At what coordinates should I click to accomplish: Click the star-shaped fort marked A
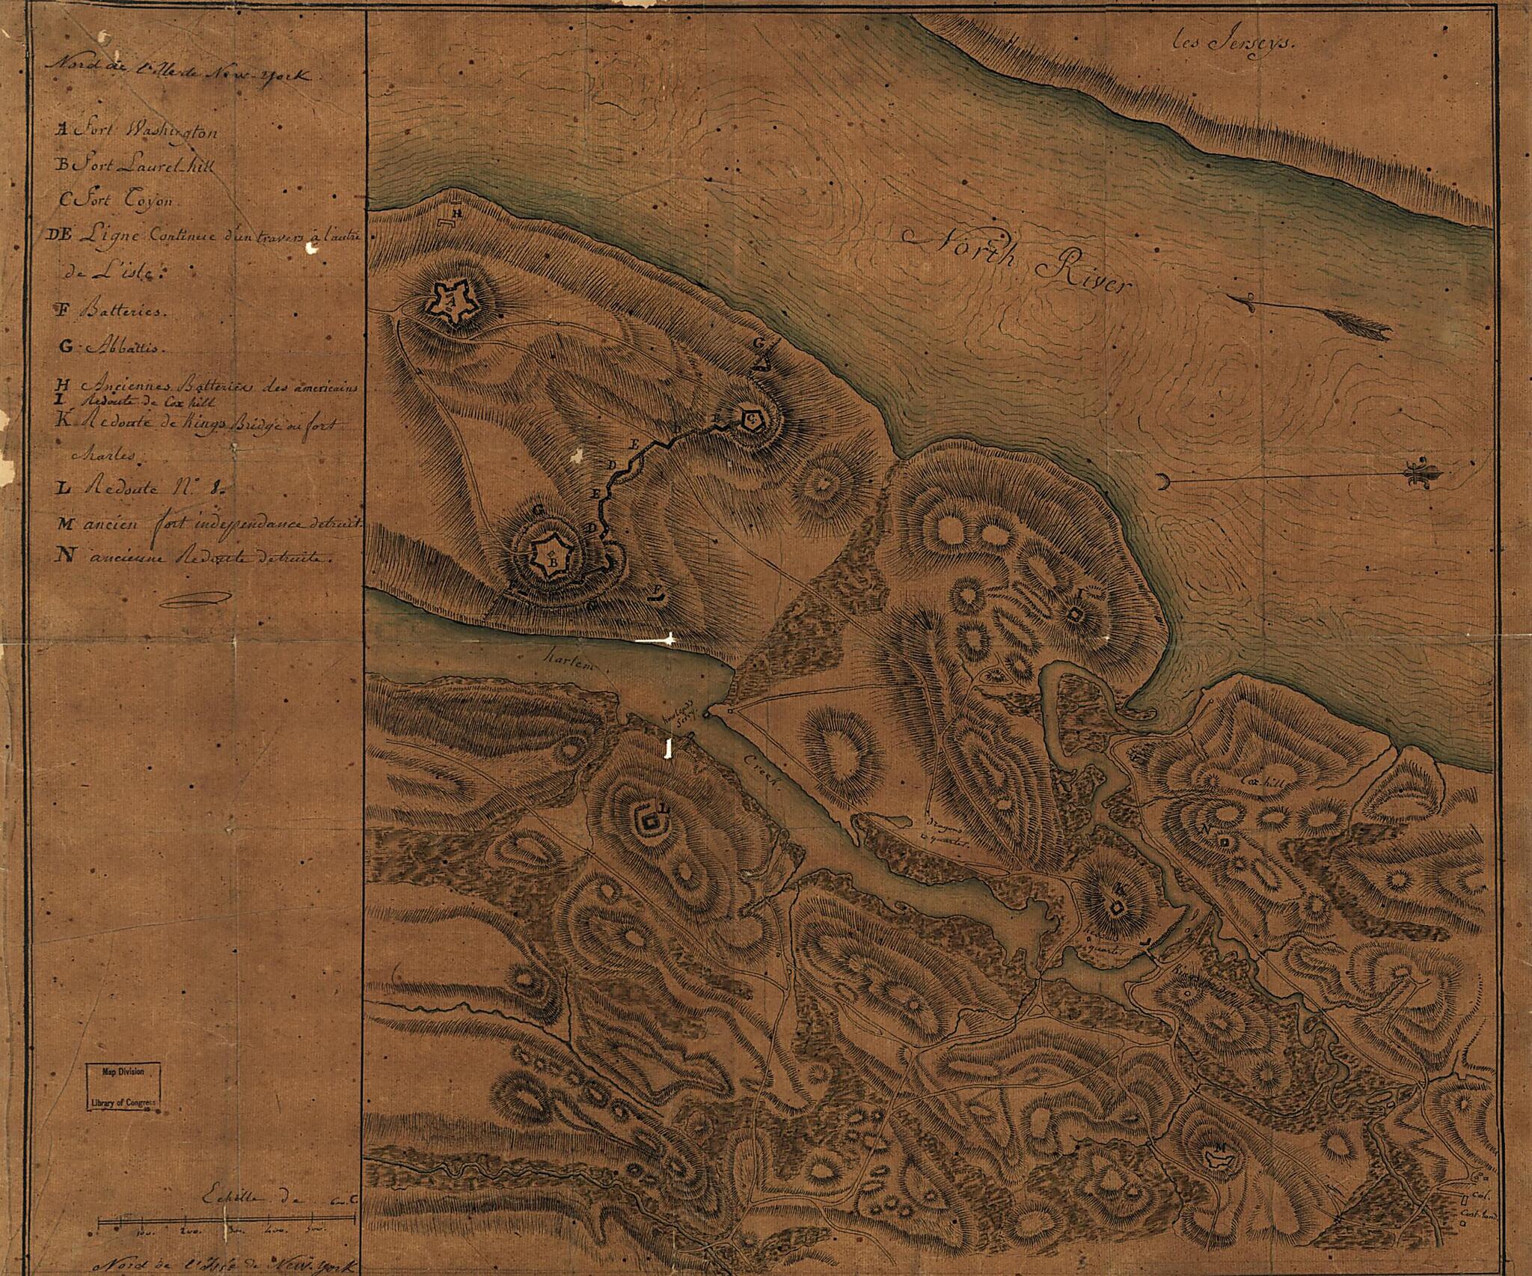tap(448, 302)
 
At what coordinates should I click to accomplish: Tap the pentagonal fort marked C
tap(751, 421)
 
